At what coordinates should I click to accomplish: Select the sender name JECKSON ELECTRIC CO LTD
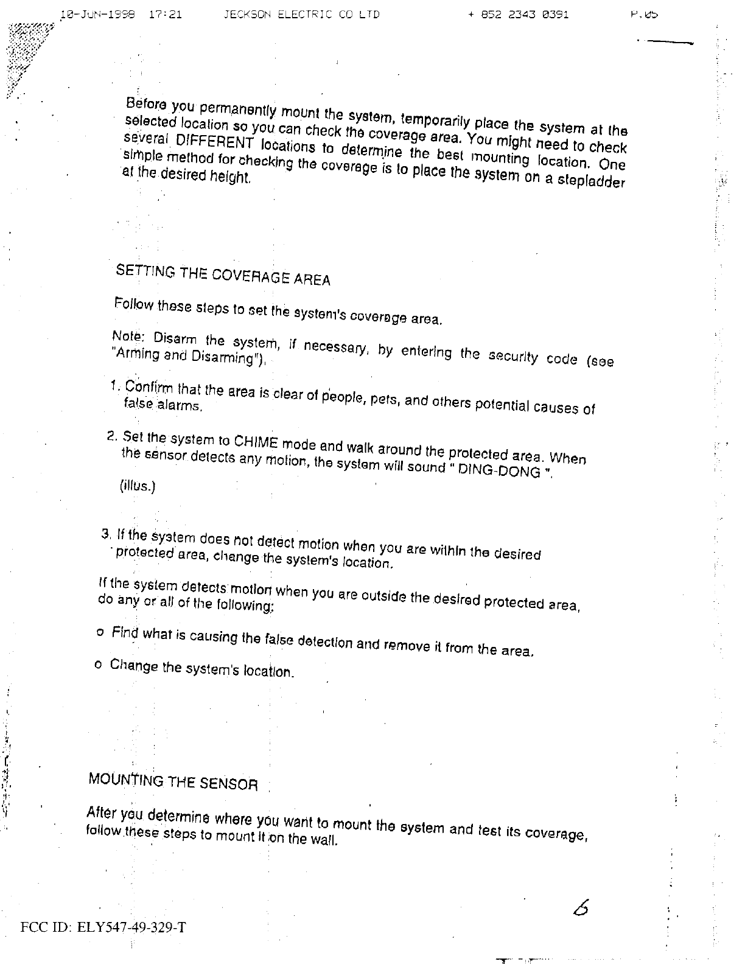pyautogui.click(x=302, y=13)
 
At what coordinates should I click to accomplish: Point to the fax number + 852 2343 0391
pyautogui.click(x=519, y=13)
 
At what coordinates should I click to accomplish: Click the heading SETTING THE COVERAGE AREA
pyautogui.click(x=223, y=275)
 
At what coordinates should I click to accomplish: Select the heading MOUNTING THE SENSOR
pyautogui.click(x=173, y=781)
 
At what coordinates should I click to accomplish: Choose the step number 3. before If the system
pyautogui.click(x=106, y=535)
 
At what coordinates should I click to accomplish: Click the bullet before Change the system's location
pyautogui.click(x=98, y=665)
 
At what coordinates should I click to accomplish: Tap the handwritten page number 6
pyautogui.click(x=581, y=908)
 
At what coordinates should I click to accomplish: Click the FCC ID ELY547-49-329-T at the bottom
pyautogui.click(x=103, y=927)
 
